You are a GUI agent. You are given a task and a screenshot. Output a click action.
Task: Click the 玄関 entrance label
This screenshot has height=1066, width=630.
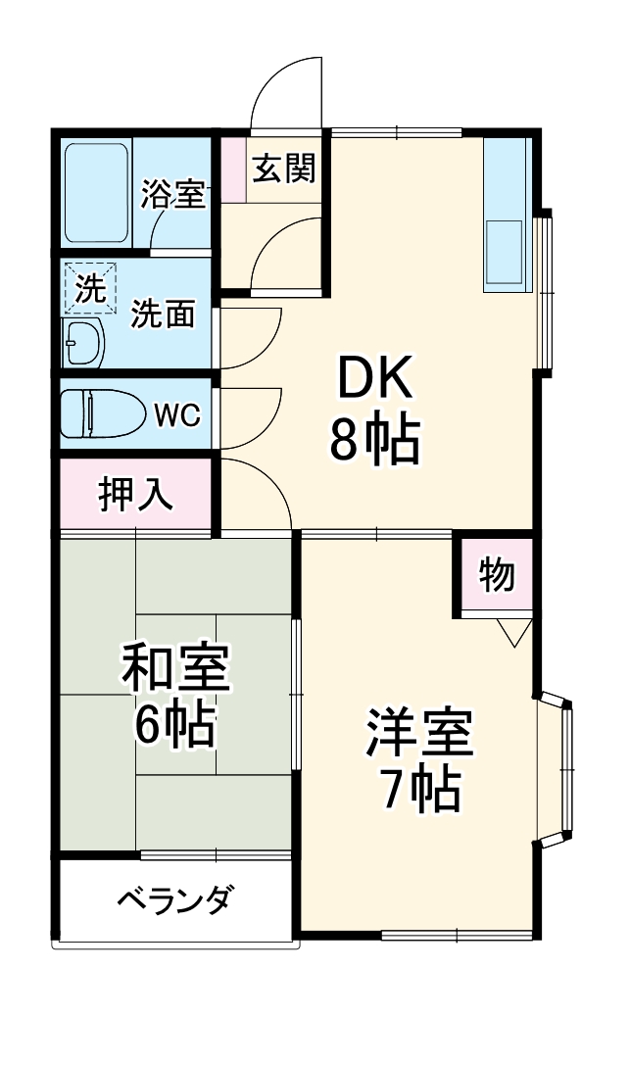284,170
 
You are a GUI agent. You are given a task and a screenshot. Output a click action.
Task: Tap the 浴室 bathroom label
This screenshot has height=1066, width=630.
173,194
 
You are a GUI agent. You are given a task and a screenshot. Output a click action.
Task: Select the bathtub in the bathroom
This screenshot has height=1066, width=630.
96,193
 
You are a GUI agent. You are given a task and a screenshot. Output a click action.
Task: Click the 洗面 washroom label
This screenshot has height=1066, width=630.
164,315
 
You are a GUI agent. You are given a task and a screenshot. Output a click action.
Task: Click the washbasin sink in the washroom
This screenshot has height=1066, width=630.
84,343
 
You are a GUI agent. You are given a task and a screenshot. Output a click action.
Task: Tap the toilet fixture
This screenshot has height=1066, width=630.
100,413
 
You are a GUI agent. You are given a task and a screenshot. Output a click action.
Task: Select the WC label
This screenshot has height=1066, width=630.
178,414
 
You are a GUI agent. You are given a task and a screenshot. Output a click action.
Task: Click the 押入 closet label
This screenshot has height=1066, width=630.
136,495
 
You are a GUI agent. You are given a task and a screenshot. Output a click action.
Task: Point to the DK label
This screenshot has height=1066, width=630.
377,377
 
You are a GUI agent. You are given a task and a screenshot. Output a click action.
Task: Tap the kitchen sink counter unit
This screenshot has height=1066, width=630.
507,214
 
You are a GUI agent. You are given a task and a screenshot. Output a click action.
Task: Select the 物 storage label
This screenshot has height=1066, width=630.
497,575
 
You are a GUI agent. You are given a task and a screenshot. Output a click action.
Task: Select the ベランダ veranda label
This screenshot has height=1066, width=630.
175,899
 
